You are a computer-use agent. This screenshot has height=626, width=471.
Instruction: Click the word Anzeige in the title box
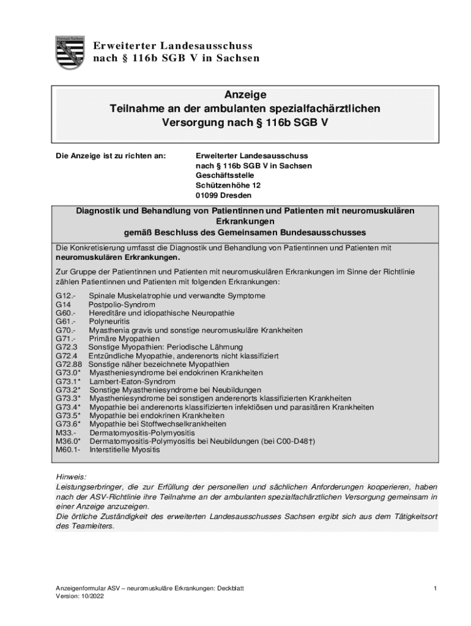tap(245, 95)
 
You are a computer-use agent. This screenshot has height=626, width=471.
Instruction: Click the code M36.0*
tap(68, 441)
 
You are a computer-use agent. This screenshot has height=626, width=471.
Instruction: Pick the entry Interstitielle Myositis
tap(124, 450)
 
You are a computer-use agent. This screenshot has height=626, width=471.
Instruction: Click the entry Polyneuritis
tap(108, 322)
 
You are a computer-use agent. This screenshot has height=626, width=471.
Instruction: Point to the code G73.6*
tap(68, 424)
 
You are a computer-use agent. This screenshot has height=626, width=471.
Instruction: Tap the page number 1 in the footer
tap(434, 588)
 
